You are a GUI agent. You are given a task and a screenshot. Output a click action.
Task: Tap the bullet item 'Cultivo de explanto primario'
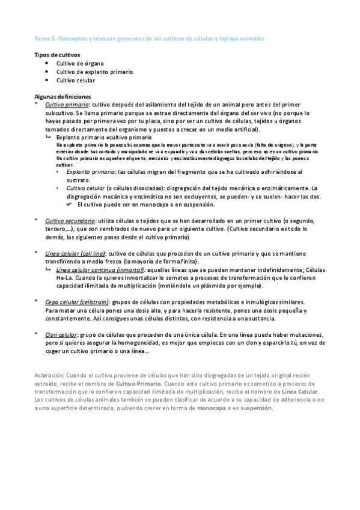click(94, 71)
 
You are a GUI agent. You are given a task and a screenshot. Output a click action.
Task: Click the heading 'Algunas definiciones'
click(63, 96)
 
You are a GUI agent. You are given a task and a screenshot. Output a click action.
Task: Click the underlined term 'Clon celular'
click(61, 334)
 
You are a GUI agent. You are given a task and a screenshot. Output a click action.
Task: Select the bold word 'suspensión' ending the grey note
click(257, 408)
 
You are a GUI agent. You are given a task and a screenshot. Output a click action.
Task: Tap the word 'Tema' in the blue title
click(43, 38)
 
